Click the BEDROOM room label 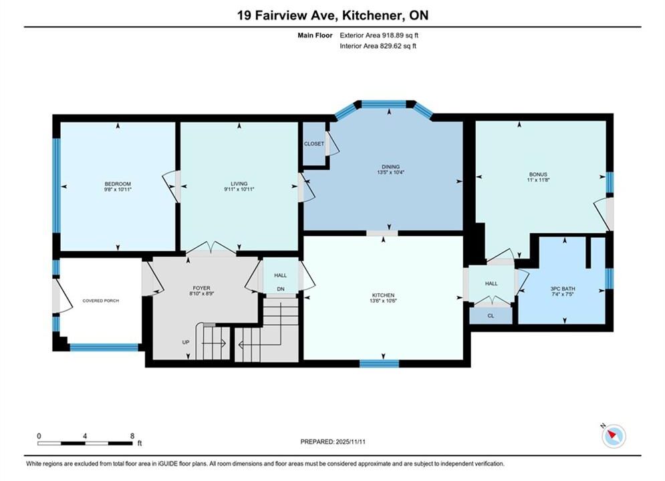[x=118, y=184]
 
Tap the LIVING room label [x=239, y=184]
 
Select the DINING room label [x=390, y=167]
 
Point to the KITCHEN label [x=384, y=295]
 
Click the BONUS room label [x=538, y=174]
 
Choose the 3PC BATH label [x=563, y=289]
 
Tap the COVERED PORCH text [x=100, y=301]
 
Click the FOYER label [x=201, y=288]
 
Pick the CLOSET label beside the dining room [x=314, y=144]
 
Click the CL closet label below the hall [x=491, y=316]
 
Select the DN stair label [x=281, y=289]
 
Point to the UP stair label [x=186, y=342]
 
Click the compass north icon [x=614, y=436]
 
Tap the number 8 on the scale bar [x=132, y=436]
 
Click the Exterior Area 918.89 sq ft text [x=379, y=35]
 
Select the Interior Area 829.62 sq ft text [x=378, y=46]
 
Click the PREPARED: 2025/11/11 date [x=333, y=442]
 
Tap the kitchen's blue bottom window [x=379, y=363]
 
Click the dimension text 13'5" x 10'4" [x=390, y=172]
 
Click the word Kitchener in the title [x=372, y=15]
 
